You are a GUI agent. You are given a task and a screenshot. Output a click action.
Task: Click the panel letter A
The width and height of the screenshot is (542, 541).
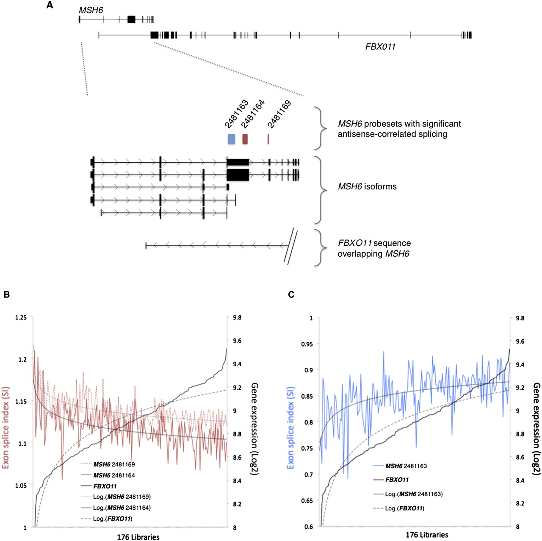(x=50, y=6)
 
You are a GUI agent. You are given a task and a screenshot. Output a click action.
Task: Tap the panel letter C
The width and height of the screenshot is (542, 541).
(x=291, y=294)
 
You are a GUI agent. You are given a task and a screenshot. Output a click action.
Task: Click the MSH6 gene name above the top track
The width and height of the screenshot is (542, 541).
(x=91, y=10)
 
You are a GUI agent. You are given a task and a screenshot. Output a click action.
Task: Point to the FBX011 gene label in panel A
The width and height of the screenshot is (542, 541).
(x=380, y=47)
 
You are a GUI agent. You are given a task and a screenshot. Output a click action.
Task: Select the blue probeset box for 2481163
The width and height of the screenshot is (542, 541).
(x=231, y=139)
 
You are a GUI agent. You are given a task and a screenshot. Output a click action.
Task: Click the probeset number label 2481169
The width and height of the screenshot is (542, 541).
(x=279, y=114)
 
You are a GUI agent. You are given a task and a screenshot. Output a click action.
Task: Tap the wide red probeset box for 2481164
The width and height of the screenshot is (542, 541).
(x=245, y=139)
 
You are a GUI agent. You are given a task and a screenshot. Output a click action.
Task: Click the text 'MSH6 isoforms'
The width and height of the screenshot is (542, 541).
(x=367, y=186)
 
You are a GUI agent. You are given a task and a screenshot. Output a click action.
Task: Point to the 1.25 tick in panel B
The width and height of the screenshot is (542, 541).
(x=21, y=318)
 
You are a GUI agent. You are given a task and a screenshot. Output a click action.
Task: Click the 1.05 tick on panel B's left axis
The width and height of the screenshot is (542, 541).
(x=21, y=486)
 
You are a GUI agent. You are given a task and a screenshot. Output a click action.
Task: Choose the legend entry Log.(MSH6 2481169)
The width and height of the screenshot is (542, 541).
(x=122, y=497)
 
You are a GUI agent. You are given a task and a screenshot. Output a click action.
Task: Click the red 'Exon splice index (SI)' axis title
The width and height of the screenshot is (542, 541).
(x=6, y=427)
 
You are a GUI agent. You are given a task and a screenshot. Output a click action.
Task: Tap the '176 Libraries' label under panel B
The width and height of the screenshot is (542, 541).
(x=138, y=537)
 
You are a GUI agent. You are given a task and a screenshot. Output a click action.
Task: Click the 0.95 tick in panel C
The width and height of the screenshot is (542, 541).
(x=307, y=344)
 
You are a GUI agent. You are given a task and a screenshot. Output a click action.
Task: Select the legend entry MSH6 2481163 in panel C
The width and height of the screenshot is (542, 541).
(x=406, y=466)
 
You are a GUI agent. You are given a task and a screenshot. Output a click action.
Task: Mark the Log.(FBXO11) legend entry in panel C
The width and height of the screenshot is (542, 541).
(x=404, y=508)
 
